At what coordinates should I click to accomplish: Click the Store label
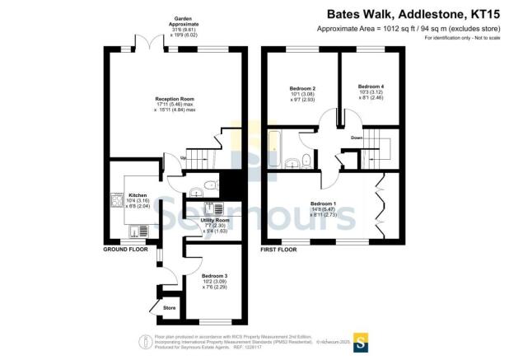coord(169,309)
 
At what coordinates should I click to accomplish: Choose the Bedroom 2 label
coord(303,88)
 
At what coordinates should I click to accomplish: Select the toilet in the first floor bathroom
coord(305,159)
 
